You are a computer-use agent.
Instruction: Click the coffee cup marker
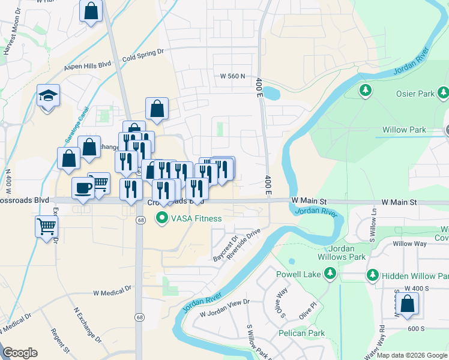(83, 188)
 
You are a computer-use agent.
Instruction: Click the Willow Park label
(404, 130)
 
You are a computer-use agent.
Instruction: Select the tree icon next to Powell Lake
(329, 274)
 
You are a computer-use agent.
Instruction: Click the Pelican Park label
(301, 333)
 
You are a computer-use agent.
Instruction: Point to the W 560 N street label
(234, 76)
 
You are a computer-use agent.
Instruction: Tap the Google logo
(20, 353)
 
